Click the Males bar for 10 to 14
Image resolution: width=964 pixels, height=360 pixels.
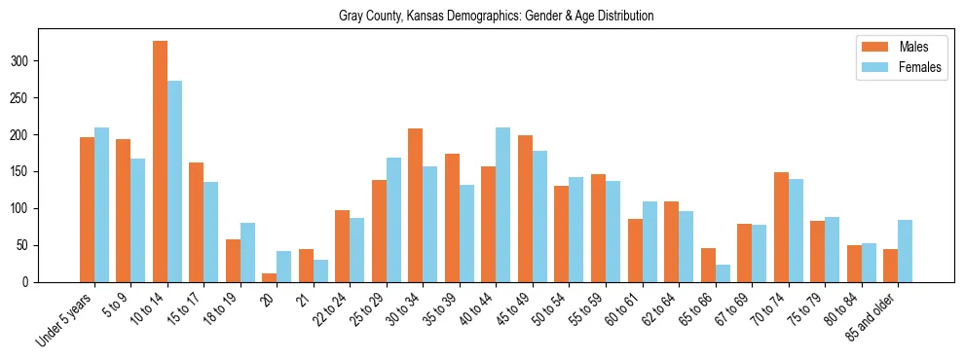(x=160, y=162)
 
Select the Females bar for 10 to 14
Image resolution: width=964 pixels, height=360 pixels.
(x=174, y=181)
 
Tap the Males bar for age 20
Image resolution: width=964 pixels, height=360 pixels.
(x=270, y=277)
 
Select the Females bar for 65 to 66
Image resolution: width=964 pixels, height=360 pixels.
(x=723, y=273)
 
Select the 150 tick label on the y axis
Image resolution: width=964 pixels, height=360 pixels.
(x=28, y=171)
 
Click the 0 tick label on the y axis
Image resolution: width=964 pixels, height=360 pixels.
(x=32, y=282)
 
